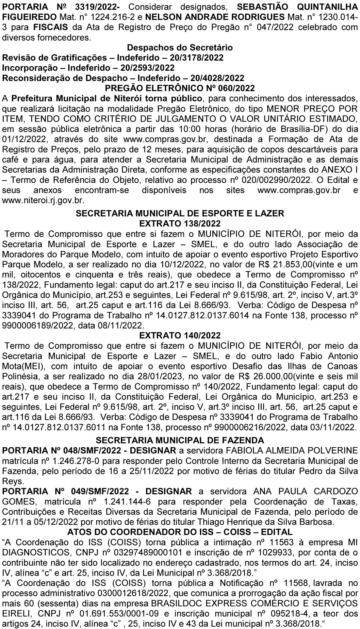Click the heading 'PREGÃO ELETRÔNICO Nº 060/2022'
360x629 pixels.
click(180, 88)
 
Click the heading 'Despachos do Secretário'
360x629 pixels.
click(180, 48)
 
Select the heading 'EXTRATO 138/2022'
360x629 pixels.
click(180, 223)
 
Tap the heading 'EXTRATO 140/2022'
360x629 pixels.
click(180, 335)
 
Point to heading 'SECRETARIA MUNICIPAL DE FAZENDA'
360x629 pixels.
click(180, 440)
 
